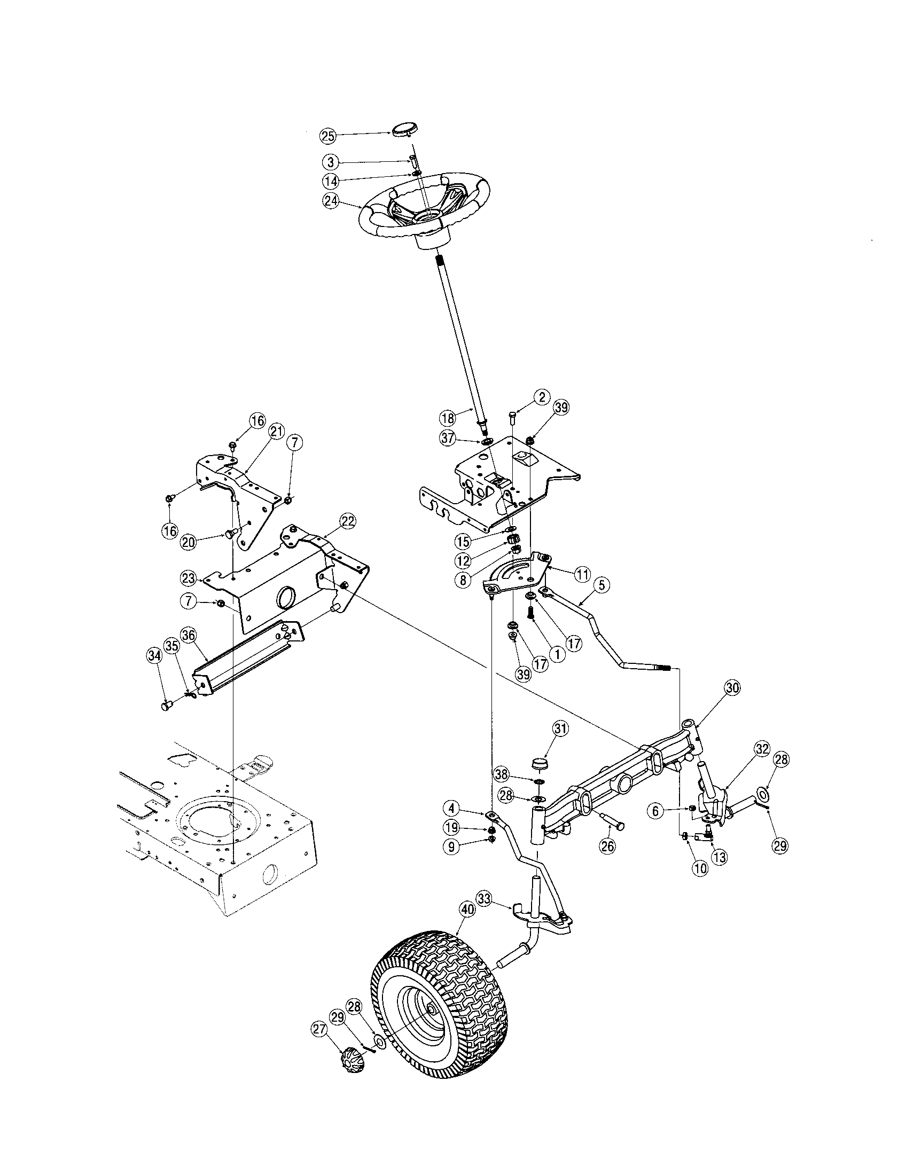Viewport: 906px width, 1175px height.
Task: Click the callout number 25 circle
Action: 327,136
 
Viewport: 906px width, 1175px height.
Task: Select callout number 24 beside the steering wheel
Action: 330,200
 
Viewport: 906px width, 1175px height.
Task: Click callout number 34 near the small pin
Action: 154,655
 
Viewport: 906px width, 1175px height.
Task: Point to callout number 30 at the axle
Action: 732,687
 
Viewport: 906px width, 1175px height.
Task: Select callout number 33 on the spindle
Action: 484,897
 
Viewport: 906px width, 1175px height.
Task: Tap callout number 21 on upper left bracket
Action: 277,432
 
